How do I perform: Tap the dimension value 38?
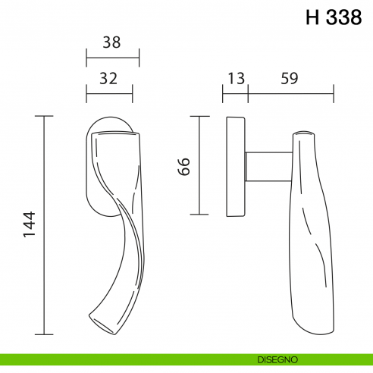111,43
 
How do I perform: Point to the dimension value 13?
234,77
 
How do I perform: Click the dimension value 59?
289,77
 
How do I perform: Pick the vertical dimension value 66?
184,165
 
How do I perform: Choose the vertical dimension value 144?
29,226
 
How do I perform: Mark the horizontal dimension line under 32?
110,94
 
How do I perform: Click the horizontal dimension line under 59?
291,94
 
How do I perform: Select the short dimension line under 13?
235,94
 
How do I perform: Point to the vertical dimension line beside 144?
45,226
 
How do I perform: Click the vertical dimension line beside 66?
199,165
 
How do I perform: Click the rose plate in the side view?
236,166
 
